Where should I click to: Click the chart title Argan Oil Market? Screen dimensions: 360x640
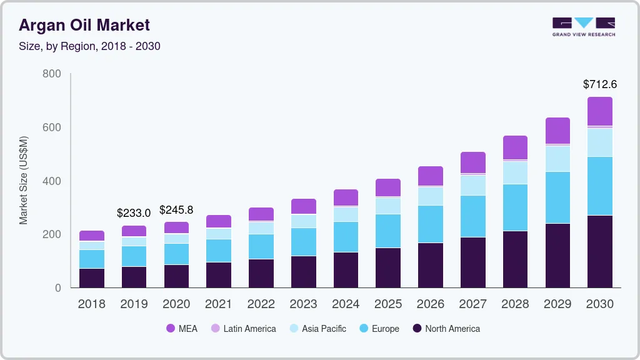pyautogui.click(x=84, y=26)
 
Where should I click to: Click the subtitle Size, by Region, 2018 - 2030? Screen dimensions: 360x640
pyautogui.click(x=89, y=46)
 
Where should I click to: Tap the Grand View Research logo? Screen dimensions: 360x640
pyautogui.click(x=583, y=27)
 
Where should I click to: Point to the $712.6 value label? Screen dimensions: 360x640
pyautogui.click(x=600, y=84)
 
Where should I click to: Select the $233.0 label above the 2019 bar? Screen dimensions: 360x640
pyautogui.click(x=134, y=213)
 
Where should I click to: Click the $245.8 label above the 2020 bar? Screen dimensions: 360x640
pyautogui.click(x=176, y=210)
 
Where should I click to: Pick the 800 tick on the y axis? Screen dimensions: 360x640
pyautogui.click(x=52, y=74)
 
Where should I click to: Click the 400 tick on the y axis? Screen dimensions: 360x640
pyautogui.click(x=52, y=181)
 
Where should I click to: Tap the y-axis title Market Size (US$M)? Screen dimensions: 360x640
pyautogui.click(x=23, y=180)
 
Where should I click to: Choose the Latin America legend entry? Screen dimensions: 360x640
pyautogui.click(x=243, y=328)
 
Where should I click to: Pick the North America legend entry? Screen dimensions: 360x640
pyautogui.click(x=446, y=328)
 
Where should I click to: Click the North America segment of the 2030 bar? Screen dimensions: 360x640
pyautogui.click(x=600, y=251)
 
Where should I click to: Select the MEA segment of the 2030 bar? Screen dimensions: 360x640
pyautogui.click(x=600, y=111)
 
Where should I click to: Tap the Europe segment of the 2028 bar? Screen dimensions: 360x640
pyautogui.click(x=515, y=207)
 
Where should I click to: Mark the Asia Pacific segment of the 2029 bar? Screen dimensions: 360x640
pyautogui.click(x=557, y=159)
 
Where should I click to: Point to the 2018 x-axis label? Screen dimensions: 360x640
pyautogui.click(x=91, y=304)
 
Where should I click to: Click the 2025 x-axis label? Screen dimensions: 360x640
pyautogui.click(x=388, y=304)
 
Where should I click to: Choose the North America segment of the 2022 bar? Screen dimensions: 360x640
pyautogui.click(x=261, y=273)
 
